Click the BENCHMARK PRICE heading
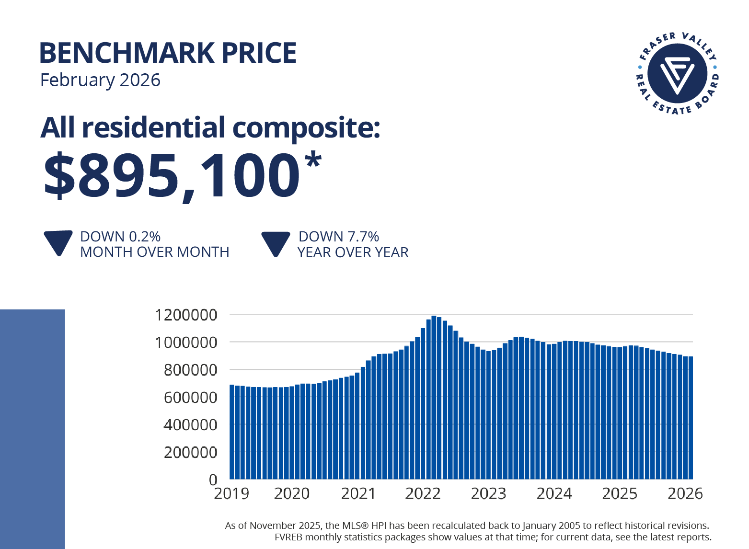pyautogui.click(x=168, y=53)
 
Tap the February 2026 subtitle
pyautogui.click(x=100, y=80)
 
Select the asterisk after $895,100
pyautogui.click(x=312, y=160)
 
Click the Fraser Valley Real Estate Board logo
pyautogui.click(x=677, y=73)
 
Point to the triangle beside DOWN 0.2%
pyautogui.click(x=58, y=242)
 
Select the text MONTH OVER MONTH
pyautogui.click(x=154, y=252)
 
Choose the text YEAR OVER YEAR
pyautogui.click(x=353, y=252)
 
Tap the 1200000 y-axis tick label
pyautogui.click(x=186, y=315)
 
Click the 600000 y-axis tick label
pyautogui.click(x=190, y=398)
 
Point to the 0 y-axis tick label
pyautogui.click(x=213, y=480)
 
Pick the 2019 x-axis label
pyautogui.click(x=231, y=493)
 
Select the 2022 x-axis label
pyautogui.click(x=423, y=493)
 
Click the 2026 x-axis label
pyautogui.click(x=685, y=493)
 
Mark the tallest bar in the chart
pyautogui.click(x=434, y=398)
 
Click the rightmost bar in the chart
pyautogui.click(x=691, y=417)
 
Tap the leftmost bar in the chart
pyautogui.click(x=232, y=431)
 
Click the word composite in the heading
pyautogui.click(x=306, y=128)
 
